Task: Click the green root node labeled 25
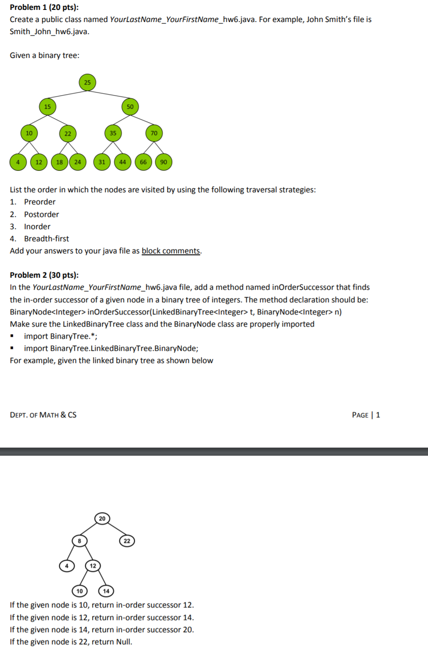[x=87, y=82]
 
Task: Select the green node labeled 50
[x=130, y=106]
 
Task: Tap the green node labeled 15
[x=47, y=106]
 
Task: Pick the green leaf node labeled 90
[x=164, y=162]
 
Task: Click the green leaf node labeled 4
[x=18, y=162]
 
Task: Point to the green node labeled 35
[x=113, y=133]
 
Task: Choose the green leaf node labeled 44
[x=123, y=162]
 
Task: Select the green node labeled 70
[x=154, y=133]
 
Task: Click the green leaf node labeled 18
[x=59, y=162]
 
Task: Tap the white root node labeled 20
[x=102, y=518]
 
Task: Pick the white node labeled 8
[x=80, y=541]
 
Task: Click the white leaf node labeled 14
[x=106, y=591]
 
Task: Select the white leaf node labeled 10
[x=80, y=591]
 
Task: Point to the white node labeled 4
[x=67, y=566]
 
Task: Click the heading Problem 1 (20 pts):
[x=44, y=7]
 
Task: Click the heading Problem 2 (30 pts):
[x=44, y=275]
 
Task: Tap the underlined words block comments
[x=171, y=251]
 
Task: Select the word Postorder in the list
[x=41, y=214]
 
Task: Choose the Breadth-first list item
[x=46, y=239]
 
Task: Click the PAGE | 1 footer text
[x=366, y=415]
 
